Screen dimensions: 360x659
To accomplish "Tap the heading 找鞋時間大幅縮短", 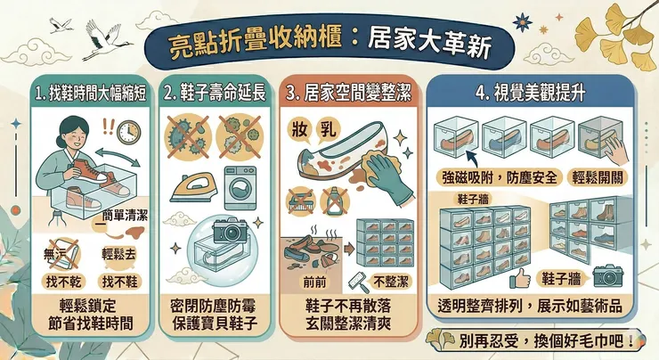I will click(x=85, y=93).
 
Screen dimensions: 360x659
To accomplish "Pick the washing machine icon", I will click(x=240, y=184).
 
